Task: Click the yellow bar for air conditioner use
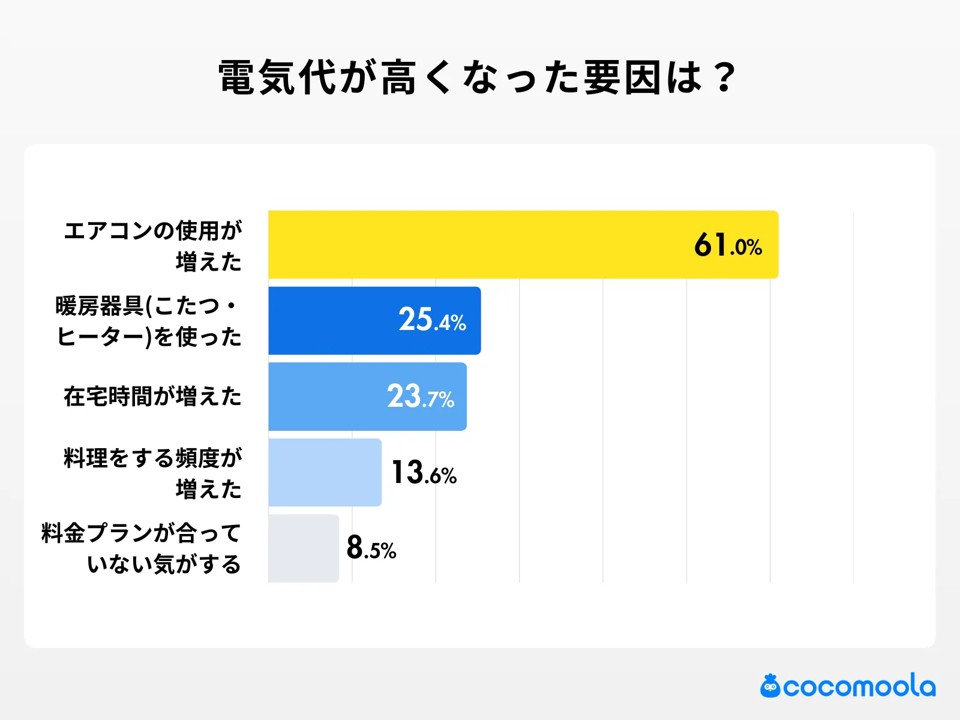pos(480,244)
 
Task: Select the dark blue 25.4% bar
pos(336,320)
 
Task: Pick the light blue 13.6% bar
pos(325,472)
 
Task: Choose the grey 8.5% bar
pos(304,548)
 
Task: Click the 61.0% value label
pos(728,245)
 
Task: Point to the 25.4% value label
pos(432,320)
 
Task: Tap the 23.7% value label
pos(420,397)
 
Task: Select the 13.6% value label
pos(424,473)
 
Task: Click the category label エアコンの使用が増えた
pos(153,245)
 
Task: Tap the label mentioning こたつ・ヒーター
pos(148,321)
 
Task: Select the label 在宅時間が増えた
pos(152,397)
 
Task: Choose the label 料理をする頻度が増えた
pos(153,473)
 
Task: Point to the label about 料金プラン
pos(142,548)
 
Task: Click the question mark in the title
pos(724,78)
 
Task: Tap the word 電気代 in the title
pos(277,78)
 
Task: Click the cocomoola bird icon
pos(770,686)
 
